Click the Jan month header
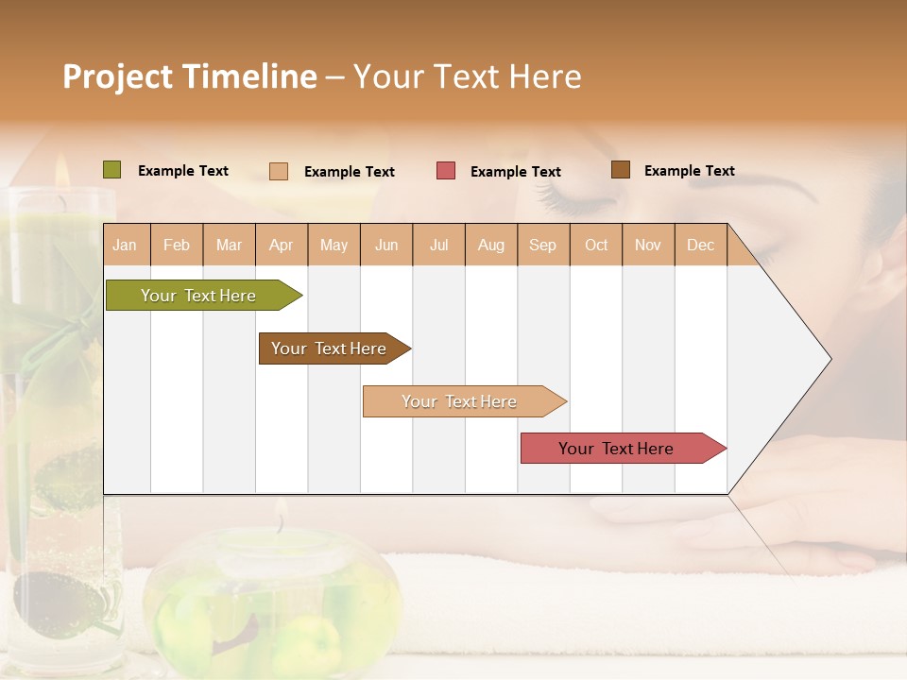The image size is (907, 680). coord(126,245)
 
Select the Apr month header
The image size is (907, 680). coord(282,245)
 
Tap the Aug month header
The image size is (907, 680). coord(490,245)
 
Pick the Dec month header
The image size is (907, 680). coord(700,245)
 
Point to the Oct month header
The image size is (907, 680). coord(595,245)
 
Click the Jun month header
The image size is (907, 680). coord(385,245)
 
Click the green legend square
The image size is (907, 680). coord(112,170)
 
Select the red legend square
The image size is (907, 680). coord(446,171)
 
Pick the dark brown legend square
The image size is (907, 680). coord(620,170)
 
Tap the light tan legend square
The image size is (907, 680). coord(279,171)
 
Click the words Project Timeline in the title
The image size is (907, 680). coord(189,76)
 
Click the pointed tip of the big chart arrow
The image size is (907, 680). coord(829,359)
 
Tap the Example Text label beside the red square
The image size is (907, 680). coord(515,172)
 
